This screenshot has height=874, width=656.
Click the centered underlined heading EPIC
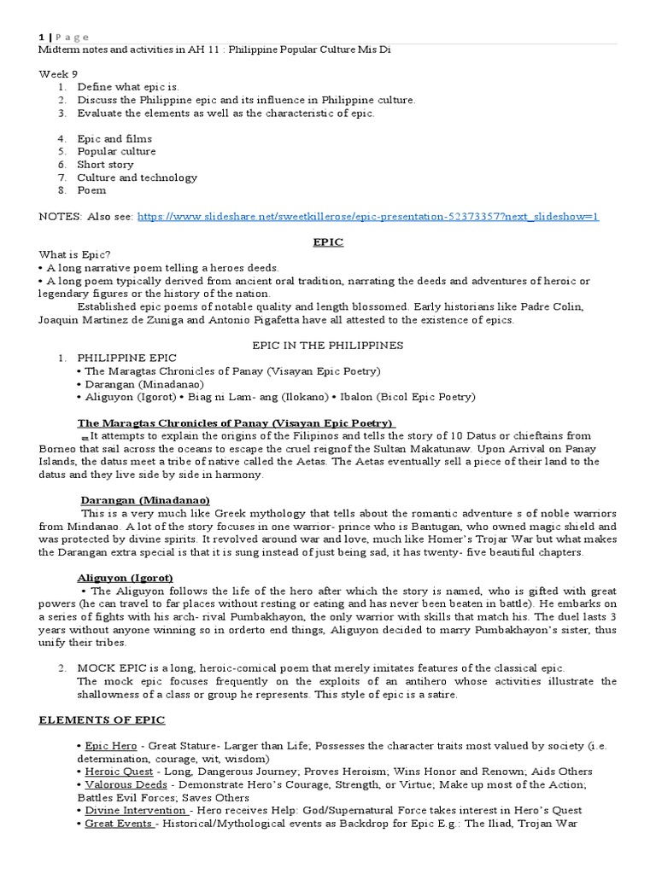328,242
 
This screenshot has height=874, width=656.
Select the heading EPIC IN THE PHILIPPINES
328,346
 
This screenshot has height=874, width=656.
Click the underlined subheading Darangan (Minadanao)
145,499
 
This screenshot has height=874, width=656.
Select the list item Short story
105,165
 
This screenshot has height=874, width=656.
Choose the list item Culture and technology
137,178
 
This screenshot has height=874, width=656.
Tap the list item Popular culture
116,152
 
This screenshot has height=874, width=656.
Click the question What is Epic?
75,255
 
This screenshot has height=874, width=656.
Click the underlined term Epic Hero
109,746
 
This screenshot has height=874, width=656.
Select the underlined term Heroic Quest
116,772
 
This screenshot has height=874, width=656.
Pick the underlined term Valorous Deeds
120,784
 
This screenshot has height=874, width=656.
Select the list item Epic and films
114,139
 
